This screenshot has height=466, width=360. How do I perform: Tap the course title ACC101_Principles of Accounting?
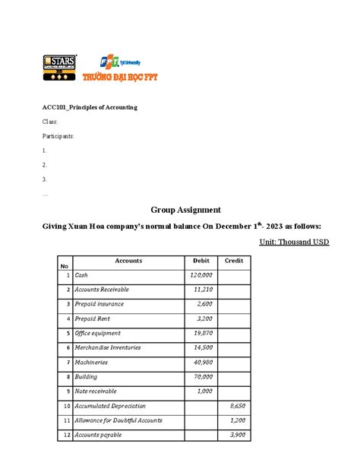(90, 108)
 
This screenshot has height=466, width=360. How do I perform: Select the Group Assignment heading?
(185, 209)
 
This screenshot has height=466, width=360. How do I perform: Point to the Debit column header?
(201, 261)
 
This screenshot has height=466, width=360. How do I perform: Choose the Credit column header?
(234, 261)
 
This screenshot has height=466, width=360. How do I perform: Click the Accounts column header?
(128, 261)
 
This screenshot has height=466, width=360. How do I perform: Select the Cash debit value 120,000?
(201, 275)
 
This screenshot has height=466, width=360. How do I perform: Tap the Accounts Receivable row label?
(103, 290)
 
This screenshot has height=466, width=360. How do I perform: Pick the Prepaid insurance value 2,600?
(204, 304)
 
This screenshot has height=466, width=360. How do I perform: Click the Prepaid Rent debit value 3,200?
(204, 319)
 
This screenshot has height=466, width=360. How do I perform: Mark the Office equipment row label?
(99, 333)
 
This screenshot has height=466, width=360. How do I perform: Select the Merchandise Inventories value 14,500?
(203, 347)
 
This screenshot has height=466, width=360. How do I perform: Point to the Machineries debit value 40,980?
(203, 363)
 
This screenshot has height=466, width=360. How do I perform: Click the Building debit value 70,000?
(203, 377)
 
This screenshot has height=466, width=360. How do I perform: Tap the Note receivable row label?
(96, 392)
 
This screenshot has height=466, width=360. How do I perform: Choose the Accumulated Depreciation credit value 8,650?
(237, 407)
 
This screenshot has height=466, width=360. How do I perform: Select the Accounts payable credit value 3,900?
(237, 436)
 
